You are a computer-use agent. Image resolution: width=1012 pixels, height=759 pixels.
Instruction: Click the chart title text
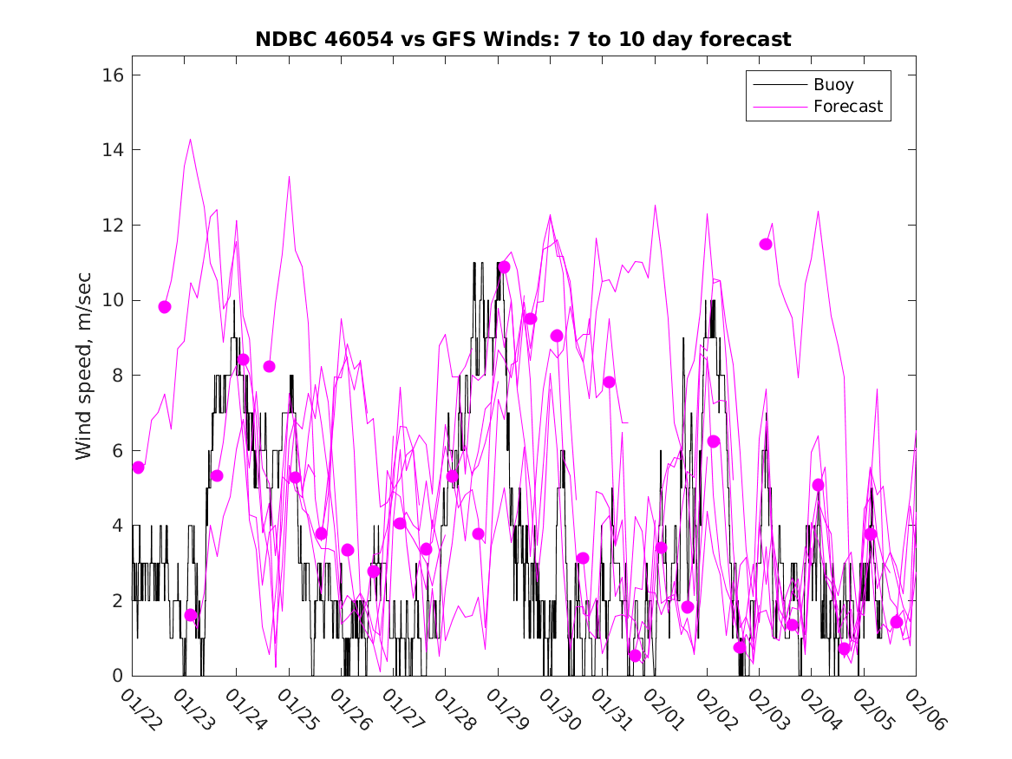[x=522, y=40]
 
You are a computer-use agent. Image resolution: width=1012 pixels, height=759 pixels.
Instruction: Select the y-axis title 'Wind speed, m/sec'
[x=83, y=375]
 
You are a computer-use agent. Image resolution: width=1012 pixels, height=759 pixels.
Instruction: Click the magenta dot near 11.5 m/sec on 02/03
[x=766, y=244]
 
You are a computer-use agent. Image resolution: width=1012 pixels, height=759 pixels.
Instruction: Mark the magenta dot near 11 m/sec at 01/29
[x=504, y=267]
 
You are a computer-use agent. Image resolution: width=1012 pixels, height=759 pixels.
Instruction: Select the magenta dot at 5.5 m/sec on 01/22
[x=138, y=468]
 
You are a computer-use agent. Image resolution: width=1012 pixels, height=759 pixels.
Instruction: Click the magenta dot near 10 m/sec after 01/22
[x=165, y=307]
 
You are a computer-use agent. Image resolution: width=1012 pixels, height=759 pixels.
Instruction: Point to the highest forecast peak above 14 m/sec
[x=190, y=139]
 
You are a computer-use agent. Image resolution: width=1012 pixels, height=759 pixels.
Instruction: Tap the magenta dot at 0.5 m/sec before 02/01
[x=635, y=656]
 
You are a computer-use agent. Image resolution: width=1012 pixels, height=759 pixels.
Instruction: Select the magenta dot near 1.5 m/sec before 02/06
[x=897, y=622]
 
